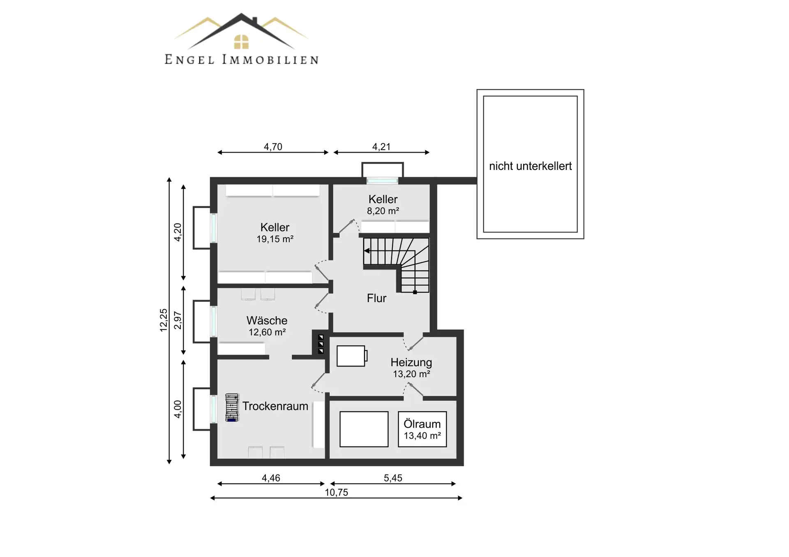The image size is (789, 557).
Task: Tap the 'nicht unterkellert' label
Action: pyautogui.click(x=530, y=166)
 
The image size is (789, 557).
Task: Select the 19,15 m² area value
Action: pyautogui.click(x=275, y=239)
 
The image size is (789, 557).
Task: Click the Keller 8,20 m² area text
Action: pyautogui.click(x=383, y=211)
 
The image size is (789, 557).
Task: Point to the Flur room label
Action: pyautogui.click(x=376, y=298)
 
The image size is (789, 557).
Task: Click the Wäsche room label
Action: pyautogui.click(x=267, y=321)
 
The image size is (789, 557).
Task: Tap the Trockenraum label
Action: pyautogui.click(x=275, y=406)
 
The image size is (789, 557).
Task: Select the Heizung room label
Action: pyautogui.click(x=411, y=362)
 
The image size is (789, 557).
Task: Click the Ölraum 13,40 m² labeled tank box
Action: pyautogui.click(x=422, y=429)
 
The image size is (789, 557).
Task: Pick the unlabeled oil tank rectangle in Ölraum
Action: pyautogui.click(x=364, y=429)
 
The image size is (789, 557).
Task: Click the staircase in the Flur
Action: pyautogui.click(x=396, y=265)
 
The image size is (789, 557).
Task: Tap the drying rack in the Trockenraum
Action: pyautogui.click(x=232, y=408)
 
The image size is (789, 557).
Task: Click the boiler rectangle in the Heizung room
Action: pyautogui.click(x=352, y=356)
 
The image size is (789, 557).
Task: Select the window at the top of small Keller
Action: pyautogui.click(x=383, y=180)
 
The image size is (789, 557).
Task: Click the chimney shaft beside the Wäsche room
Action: pyautogui.click(x=321, y=344)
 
